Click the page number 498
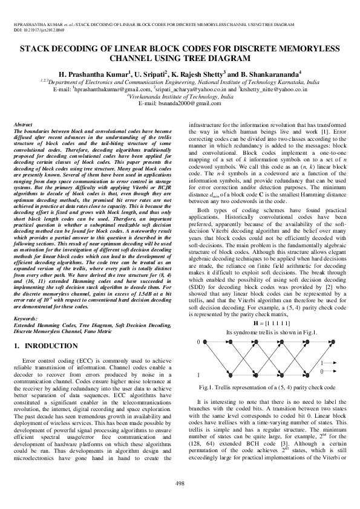(180, 482)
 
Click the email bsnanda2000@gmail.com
(180, 103)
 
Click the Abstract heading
(23, 124)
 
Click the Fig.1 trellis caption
(267, 386)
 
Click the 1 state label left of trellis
(199, 375)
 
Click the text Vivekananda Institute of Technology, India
(180, 96)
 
